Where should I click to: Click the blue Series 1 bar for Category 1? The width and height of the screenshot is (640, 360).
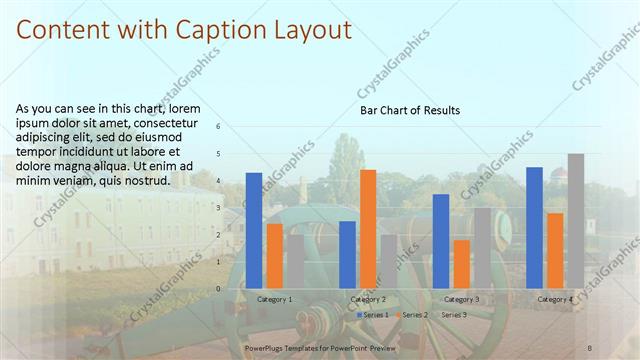click(x=254, y=230)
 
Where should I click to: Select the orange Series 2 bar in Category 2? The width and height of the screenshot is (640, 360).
click(x=368, y=229)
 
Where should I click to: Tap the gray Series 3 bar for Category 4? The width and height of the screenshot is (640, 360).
click(x=576, y=221)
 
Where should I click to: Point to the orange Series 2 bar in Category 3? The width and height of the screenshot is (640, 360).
click(x=461, y=264)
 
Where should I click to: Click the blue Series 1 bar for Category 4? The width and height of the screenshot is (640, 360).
click(x=534, y=227)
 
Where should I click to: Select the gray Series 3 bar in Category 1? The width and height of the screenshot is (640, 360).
click(x=294, y=261)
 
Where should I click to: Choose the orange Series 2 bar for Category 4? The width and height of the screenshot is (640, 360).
click(x=555, y=250)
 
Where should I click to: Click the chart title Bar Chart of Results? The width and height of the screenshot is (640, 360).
click(x=410, y=111)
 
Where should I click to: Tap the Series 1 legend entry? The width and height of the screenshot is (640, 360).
click(x=373, y=315)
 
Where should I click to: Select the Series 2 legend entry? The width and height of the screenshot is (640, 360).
click(x=413, y=315)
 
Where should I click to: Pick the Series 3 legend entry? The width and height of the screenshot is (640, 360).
click(x=452, y=315)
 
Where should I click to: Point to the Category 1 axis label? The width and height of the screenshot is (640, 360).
click(x=275, y=299)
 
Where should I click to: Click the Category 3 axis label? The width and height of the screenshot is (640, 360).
click(x=461, y=299)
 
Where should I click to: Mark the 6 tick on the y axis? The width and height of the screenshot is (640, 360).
click(x=219, y=127)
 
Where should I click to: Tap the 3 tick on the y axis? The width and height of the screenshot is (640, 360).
click(x=219, y=207)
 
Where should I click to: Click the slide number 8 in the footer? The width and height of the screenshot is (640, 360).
click(x=590, y=348)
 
